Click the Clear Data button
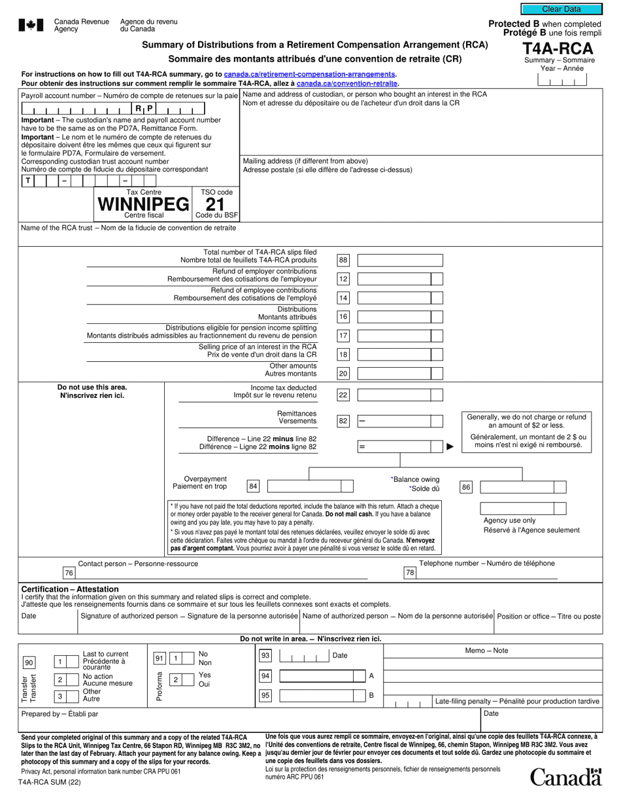561,9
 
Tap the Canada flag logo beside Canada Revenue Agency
31,26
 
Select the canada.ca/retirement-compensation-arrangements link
309,75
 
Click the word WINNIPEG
143,204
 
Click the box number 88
343,260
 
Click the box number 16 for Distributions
343,317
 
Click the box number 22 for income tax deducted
343,395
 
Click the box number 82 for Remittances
343,421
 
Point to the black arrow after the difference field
450,447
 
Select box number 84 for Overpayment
253,486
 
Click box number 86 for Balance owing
465,487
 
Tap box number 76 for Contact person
69,573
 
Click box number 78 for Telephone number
410,573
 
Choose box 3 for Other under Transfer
59,696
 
